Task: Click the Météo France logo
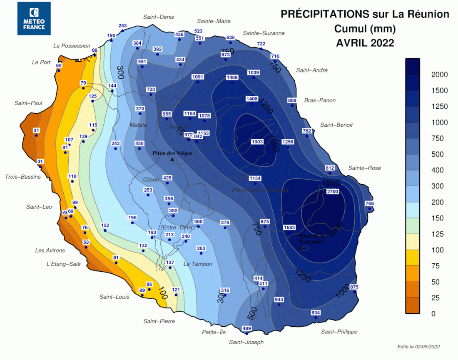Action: [x=34, y=18]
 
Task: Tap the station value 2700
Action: [x=333, y=192]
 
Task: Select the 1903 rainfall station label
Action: [x=257, y=142]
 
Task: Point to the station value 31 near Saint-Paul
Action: [x=37, y=131]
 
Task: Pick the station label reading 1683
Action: [x=289, y=227]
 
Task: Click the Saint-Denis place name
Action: [x=158, y=17]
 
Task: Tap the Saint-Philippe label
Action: [x=339, y=332]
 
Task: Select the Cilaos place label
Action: [x=151, y=180]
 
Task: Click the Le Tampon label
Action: [x=198, y=264]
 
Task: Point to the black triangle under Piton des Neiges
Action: [x=172, y=159]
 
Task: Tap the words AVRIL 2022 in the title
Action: [x=365, y=42]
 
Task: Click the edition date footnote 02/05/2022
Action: [x=418, y=347]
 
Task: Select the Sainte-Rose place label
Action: [x=365, y=168]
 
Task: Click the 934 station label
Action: [x=316, y=313]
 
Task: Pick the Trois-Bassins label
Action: [x=23, y=177]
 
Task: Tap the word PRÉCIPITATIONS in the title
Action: [x=324, y=14]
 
